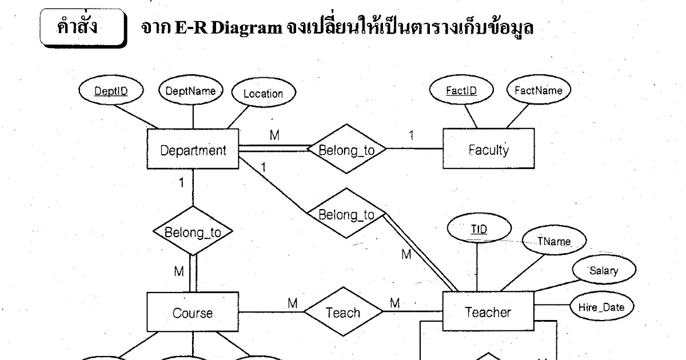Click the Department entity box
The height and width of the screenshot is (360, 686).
(193, 151)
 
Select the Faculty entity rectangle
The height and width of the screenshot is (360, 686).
(488, 150)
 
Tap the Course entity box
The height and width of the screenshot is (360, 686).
(193, 313)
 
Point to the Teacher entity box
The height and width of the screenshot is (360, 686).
(488, 312)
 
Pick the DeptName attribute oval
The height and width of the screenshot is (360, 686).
(190, 90)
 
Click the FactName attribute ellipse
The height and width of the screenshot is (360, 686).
(538, 90)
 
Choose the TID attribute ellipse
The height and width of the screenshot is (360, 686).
(479, 229)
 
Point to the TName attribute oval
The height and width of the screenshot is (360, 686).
(554, 241)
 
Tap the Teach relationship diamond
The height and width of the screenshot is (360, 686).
(343, 313)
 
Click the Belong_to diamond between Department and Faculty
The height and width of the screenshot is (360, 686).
(346, 150)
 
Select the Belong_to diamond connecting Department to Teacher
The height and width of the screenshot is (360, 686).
(346, 215)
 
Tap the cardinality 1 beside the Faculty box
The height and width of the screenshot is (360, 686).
(410, 136)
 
